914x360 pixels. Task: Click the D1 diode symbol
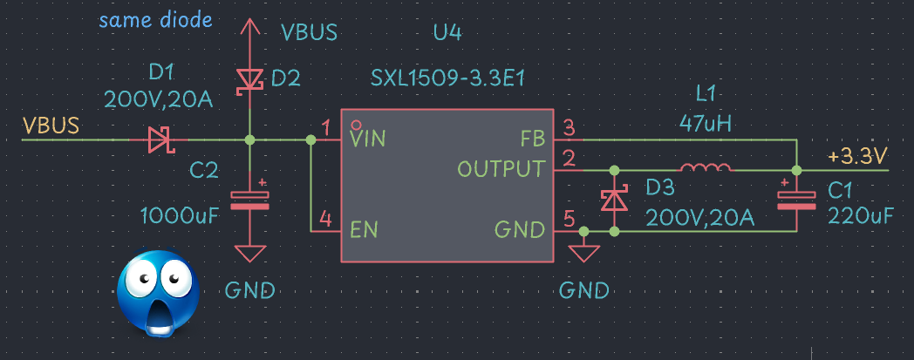pyautogui.click(x=160, y=139)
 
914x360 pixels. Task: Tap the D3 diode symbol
pyautogui.click(x=616, y=200)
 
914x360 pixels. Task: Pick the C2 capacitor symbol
pyautogui.click(x=250, y=200)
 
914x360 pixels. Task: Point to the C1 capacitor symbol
pyautogui.click(x=796, y=200)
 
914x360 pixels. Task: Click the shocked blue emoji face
pyautogui.click(x=158, y=294)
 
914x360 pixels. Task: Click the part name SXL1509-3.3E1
pyautogui.click(x=447, y=80)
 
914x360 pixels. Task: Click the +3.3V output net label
pyautogui.click(x=857, y=157)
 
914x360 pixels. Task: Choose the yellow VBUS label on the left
pyautogui.click(x=51, y=125)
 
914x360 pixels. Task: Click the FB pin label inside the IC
pyautogui.click(x=532, y=138)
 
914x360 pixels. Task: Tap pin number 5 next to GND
pyautogui.click(x=569, y=221)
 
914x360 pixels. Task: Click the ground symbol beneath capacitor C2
pyautogui.click(x=250, y=254)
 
